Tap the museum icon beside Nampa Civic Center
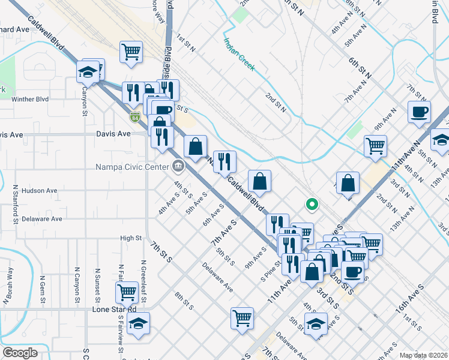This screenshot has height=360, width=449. (178, 166)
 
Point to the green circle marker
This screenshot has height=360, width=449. (312, 205)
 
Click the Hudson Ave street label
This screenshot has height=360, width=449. (39, 191)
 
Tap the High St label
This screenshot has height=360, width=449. (130, 238)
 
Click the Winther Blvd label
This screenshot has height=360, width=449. (29, 100)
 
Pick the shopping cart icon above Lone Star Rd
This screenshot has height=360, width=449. (127, 292)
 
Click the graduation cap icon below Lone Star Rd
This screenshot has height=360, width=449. (138, 323)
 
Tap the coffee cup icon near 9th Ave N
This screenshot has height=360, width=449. (419, 110)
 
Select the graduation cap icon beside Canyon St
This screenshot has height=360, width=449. (88, 72)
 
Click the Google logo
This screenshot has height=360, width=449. (20, 353)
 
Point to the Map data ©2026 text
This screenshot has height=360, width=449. (423, 355)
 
